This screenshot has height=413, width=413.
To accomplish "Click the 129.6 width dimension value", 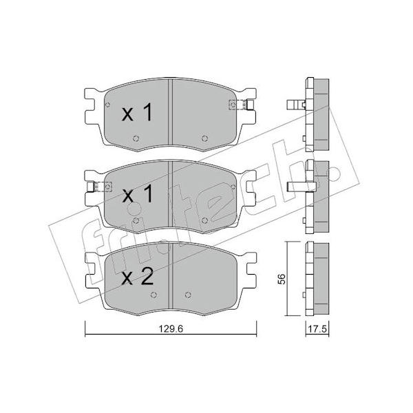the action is click(171, 329).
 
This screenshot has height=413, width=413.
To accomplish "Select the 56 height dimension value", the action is click(282, 279).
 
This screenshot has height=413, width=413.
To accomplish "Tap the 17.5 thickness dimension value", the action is click(317, 329).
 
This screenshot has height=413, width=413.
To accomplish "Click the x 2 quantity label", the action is click(138, 278).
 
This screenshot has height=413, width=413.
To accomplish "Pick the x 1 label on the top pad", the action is click(137, 112).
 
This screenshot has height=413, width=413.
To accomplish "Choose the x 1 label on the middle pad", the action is click(138, 194).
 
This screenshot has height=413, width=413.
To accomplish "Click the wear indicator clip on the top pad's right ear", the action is click(241, 105).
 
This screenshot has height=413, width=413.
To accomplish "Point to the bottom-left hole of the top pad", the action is click(136, 138).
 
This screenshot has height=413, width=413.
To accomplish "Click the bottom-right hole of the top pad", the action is click(204, 138).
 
